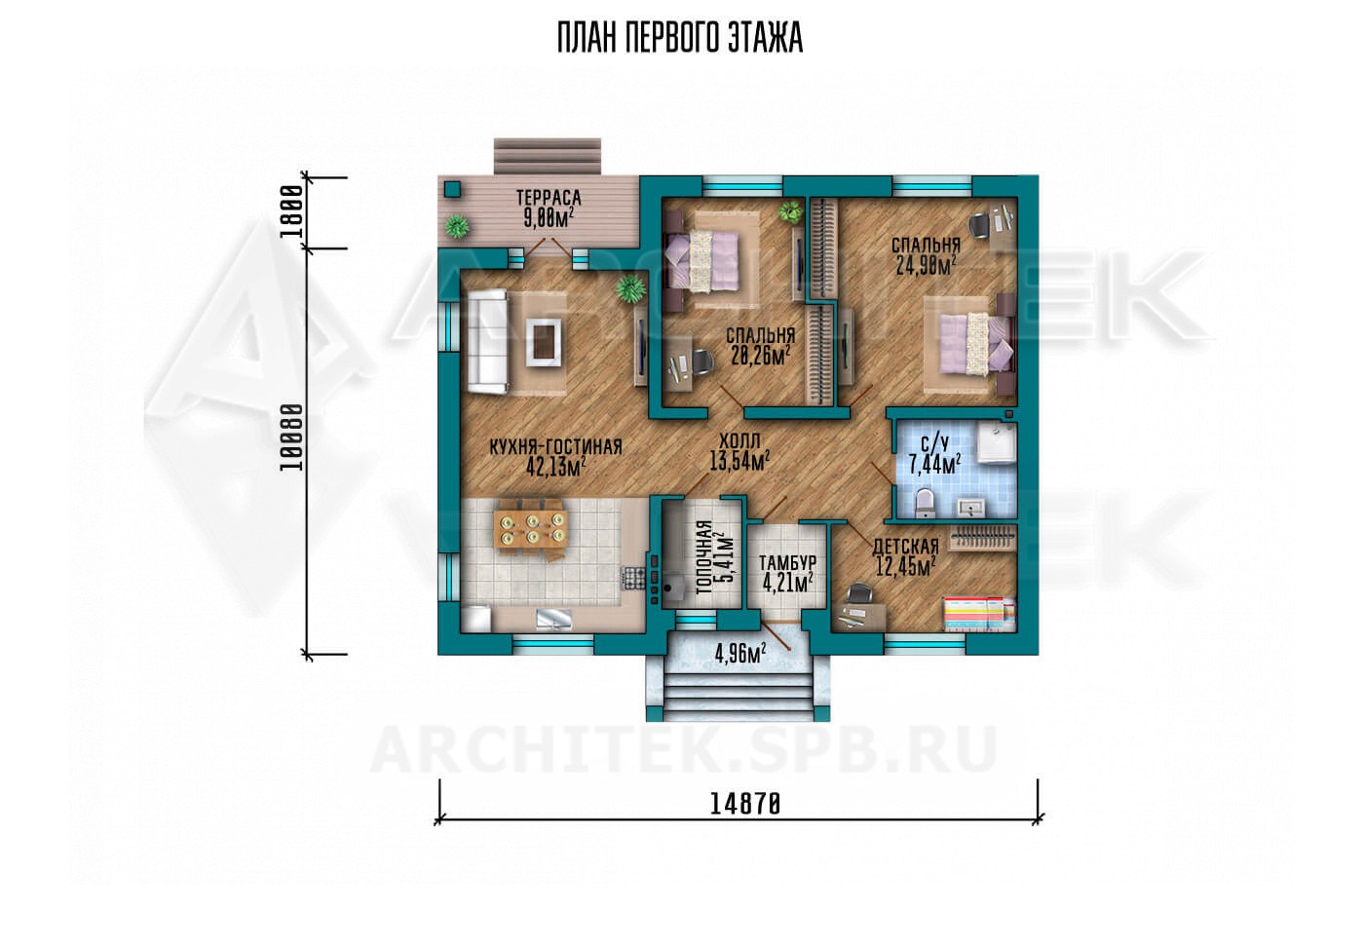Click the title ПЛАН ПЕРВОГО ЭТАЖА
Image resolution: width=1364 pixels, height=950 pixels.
[680, 38]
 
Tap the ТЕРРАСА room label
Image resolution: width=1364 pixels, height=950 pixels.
[549, 198]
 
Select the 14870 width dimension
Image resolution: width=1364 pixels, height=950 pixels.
[744, 805]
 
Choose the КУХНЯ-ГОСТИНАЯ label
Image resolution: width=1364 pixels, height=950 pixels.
[556, 447]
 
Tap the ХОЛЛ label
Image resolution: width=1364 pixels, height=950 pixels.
[739, 440]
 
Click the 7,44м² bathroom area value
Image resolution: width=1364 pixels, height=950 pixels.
[935, 465]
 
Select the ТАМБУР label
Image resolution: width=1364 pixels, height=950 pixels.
[788, 562]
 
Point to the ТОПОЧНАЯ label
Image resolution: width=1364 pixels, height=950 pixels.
[703, 557]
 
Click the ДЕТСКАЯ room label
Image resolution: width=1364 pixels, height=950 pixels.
[905, 546]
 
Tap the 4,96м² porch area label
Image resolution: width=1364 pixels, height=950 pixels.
[740, 654]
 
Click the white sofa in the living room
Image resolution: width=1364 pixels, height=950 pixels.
[487, 341]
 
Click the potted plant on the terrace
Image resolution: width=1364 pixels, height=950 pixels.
[457, 227]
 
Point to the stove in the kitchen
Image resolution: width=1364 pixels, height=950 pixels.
[633, 578]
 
